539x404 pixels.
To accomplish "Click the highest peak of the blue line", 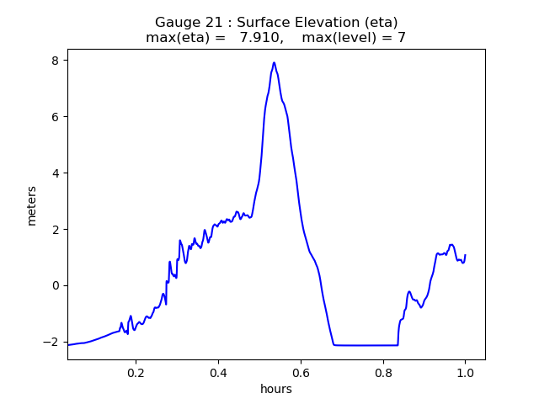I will click(274, 62).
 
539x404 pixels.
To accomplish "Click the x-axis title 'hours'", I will click(276, 389).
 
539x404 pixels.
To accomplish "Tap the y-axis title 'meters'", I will click(32, 205).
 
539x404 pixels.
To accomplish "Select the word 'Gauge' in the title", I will click(176, 23).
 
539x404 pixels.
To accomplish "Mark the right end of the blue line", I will click(465, 255).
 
